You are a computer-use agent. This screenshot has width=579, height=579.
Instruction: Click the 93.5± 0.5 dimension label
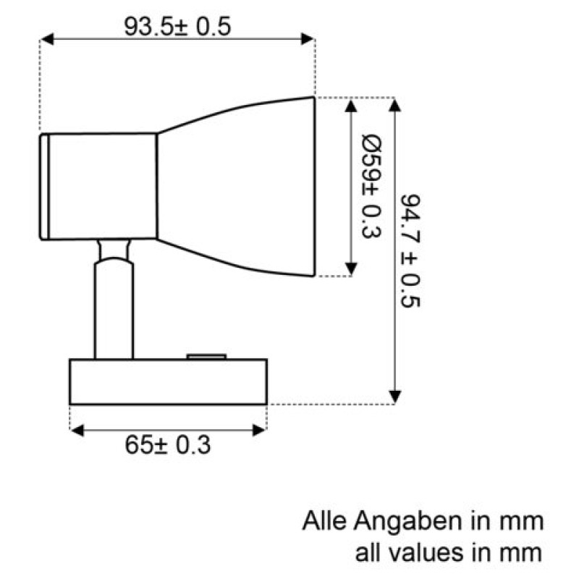click(177, 27)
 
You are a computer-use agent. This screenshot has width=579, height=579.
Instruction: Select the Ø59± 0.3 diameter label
click(371, 187)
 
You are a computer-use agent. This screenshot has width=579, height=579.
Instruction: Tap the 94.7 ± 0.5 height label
click(410, 250)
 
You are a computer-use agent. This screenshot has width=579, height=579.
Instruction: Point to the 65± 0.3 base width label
click(168, 445)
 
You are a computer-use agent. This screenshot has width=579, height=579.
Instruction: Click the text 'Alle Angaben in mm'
click(423, 521)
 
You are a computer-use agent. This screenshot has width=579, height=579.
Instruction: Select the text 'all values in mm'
click(449, 553)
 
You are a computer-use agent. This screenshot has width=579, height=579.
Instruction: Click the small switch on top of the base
click(206, 356)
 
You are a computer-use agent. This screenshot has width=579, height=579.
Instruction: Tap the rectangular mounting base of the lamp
click(169, 382)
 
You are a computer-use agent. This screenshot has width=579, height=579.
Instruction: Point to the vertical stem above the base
click(114, 310)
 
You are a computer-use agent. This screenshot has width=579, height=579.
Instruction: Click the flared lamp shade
click(237, 187)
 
